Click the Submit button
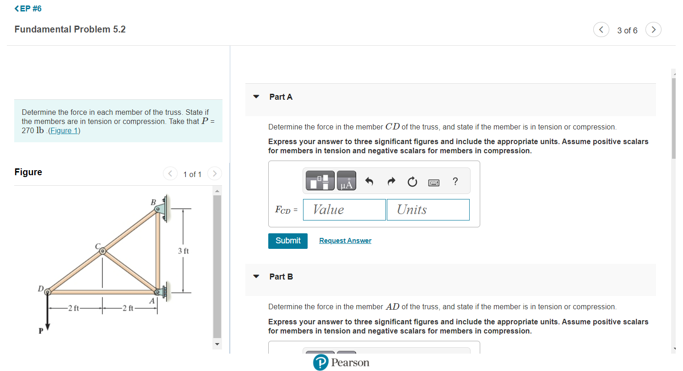pyautogui.click(x=287, y=241)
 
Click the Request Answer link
pyautogui.click(x=345, y=241)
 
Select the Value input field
pyautogui.click(x=344, y=210)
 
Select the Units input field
pyautogui.click(x=428, y=210)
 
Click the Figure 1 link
pyautogui.click(x=64, y=131)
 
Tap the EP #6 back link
pyautogui.click(x=28, y=9)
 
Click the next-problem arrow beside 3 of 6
pyautogui.click(x=654, y=30)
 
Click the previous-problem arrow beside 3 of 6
pyautogui.click(x=601, y=30)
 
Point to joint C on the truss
pyautogui.click(x=103, y=251)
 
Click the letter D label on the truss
pyautogui.click(x=40, y=289)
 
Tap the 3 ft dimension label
pyautogui.click(x=183, y=251)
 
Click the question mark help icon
pyautogui.click(x=455, y=182)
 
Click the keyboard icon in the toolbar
pyautogui.click(x=434, y=183)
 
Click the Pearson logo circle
pyautogui.click(x=321, y=363)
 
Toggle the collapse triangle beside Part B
pyautogui.click(x=256, y=277)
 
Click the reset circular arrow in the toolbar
pyautogui.click(x=412, y=183)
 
